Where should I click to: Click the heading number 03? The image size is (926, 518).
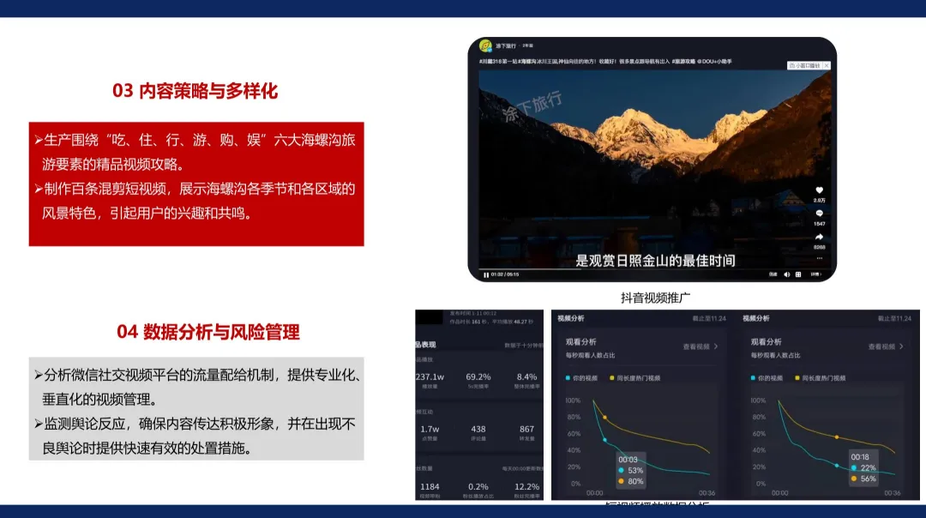123,91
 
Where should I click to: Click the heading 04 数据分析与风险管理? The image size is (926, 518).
208,332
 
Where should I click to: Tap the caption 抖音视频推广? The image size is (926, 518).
656,298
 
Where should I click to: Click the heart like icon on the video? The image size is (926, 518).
819,190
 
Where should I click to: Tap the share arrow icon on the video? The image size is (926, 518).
819,237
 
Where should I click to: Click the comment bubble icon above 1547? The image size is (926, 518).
819,213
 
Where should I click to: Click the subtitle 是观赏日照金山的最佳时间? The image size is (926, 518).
655,260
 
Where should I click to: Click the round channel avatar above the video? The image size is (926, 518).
485,45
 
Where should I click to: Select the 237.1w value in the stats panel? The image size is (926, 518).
430,377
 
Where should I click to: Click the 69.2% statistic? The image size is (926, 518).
478,377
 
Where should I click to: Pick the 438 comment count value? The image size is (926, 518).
478,429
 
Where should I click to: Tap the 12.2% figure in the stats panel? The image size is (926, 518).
526,486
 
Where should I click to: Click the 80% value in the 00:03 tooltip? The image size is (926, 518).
635,480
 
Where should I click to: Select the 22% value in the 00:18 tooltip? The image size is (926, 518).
869,467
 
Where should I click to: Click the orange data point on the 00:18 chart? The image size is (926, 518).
838,437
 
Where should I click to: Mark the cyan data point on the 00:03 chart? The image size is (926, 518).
605,440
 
